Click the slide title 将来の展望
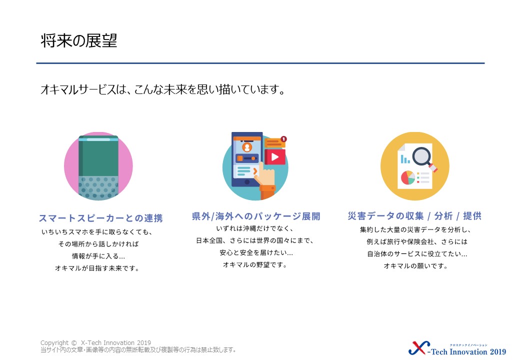[79, 41]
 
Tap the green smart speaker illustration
[98, 166]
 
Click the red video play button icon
[275, 157]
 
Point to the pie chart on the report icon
[408, 177]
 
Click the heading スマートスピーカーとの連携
[101, 218]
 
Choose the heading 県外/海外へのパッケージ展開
[256, 216]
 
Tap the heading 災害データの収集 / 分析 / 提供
[414, 216]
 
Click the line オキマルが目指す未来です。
[97, 268]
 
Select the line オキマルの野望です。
[255, 264]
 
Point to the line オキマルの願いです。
[416, 266]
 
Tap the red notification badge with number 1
[283, 139]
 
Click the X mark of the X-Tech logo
[419, 348]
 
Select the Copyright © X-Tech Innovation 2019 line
[95, 343]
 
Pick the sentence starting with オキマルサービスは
[163, 89]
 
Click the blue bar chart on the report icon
[405, 159]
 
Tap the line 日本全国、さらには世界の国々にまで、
[255, 240]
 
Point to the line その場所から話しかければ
[98, 244]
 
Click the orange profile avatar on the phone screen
[246, 147]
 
